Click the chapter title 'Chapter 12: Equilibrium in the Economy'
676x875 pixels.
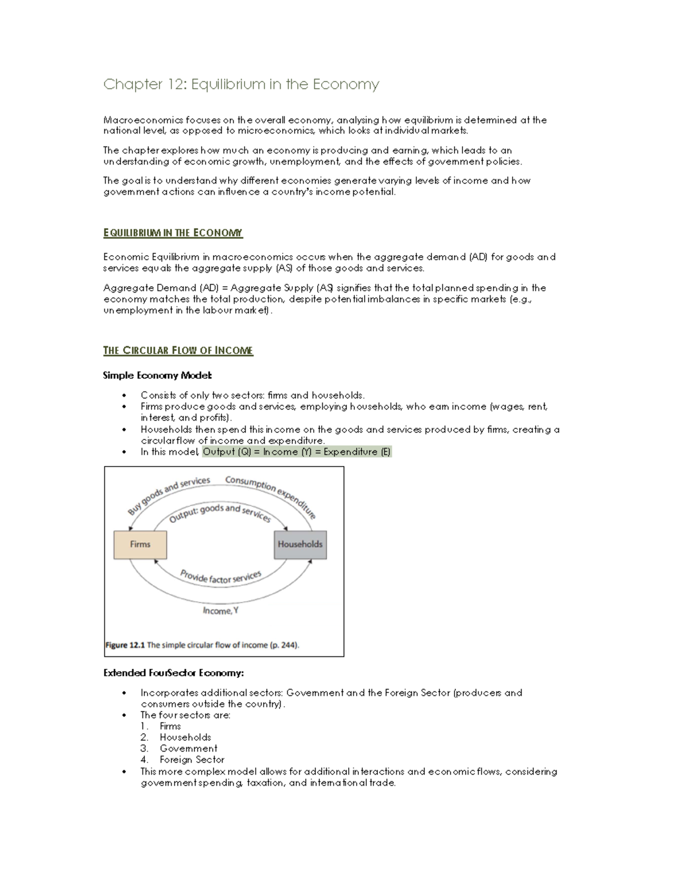pyautogui.click(x=241, y=85)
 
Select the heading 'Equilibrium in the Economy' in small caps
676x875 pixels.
pyautogui.click(x=173, y=233)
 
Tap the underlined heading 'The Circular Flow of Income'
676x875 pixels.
pyautogui.click(x=178, y=350)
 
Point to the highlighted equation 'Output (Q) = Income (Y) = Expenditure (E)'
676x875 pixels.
pyautogui.click(x=296, y=452)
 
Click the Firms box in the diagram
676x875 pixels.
pyautogui.click(x=140, y=544)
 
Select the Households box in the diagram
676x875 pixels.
pyautogui.click(x=300, y=544)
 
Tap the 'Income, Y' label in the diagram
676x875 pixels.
pyautogui.click(x=220, y=611)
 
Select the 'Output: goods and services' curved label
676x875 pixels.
pyautogui.click(x=220, y=512)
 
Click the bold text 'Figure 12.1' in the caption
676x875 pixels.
pyautogui.click(x=125, y=645)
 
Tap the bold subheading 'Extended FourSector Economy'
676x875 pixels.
pyautogui.click(x=174, y=673)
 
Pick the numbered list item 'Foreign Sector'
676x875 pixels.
pyautogui.click(x=192, y=759)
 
